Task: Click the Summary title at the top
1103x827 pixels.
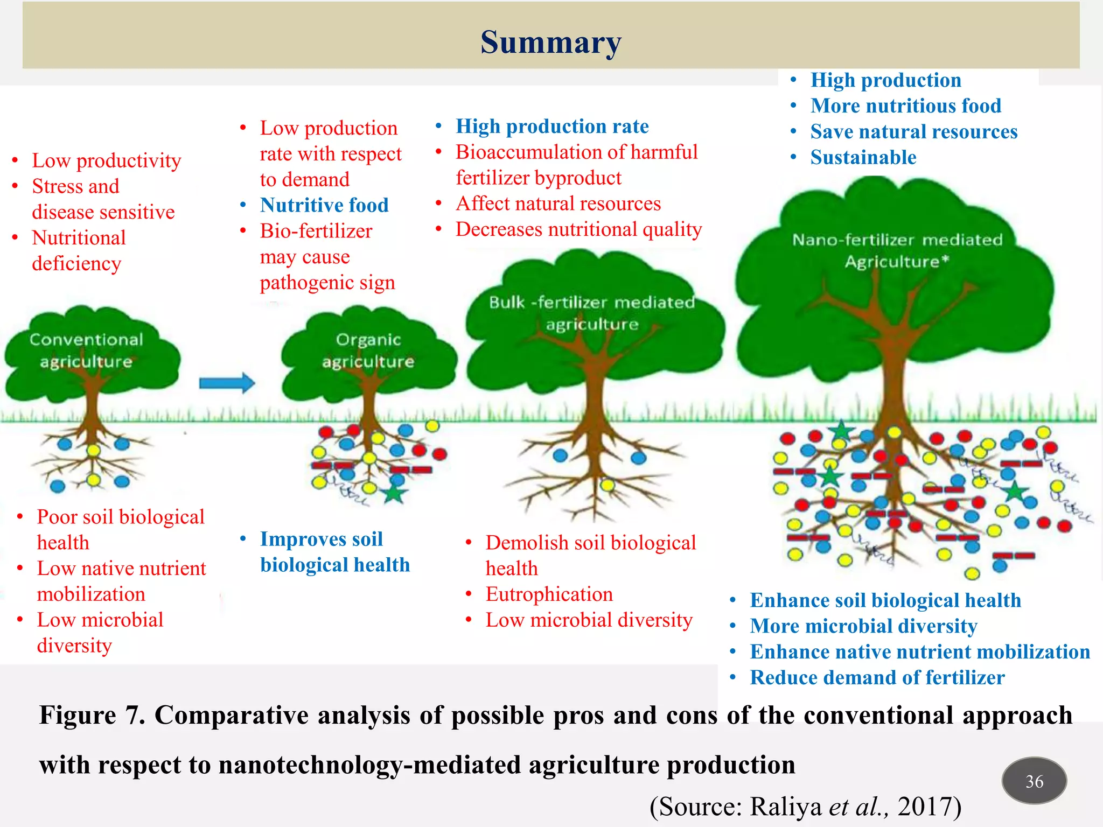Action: tap(550, 42)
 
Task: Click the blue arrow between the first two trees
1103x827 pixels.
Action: tap(227, 383)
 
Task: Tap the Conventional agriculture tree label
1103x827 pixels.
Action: tap(86, 351)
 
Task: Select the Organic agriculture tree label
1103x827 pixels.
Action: tap(368, 351)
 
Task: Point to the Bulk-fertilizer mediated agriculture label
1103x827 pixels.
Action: tap(591, 313)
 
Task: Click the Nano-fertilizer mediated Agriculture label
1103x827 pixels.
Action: tap(897, 250)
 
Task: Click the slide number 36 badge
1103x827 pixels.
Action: tap(1034, 781)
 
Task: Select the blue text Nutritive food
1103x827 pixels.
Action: tap(324, 205)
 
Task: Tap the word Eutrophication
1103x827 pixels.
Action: tap(549, 594)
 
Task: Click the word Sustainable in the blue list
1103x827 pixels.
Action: tap(863, 158)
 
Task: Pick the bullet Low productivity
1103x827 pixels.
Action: tap(106, 160)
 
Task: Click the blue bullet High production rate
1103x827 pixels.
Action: tap(552, 126)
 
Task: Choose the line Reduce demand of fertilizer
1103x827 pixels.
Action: tap(877, 677)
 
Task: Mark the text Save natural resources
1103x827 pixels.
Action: tap(913, 132)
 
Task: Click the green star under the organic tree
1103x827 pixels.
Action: tap(394, 493)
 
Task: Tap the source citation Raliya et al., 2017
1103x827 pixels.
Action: tap(805, 807)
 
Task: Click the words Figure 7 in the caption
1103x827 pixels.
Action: tap(92, 716)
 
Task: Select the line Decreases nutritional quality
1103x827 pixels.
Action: tap(578, 229)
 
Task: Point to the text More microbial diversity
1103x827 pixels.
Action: tap(863, 626)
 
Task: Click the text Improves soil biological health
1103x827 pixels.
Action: tap(334, 552)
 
